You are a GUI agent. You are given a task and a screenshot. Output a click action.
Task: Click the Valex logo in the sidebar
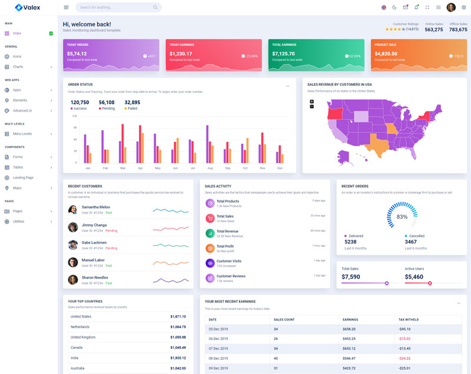[28, 7]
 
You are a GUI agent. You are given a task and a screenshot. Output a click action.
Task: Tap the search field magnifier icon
[155, 8]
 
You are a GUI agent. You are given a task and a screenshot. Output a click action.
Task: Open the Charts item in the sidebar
[18, 66]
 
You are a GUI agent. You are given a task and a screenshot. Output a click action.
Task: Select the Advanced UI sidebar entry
[22, 111]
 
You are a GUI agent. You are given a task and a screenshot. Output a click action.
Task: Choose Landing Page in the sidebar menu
[23, 178]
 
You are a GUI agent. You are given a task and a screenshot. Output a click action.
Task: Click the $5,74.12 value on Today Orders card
[77, 54]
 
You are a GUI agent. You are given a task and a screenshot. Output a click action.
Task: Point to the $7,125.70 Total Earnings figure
[284, 54]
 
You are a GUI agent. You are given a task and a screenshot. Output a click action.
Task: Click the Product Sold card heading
[386, 45]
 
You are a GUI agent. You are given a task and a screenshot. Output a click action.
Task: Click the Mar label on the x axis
[122, 168]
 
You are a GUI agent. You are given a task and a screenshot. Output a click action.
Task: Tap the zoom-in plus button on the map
[312, 102]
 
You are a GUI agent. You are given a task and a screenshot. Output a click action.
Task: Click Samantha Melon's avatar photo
[73, 209]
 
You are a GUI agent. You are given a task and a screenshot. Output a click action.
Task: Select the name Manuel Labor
[94, 260]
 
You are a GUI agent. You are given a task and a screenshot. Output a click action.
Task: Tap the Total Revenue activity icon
[210, 233]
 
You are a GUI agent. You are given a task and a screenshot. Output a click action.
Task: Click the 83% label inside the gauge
[402, 217]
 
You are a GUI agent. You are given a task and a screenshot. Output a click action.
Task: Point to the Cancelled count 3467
[411, 242]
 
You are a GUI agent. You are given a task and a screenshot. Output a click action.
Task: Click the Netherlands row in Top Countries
[80, 327]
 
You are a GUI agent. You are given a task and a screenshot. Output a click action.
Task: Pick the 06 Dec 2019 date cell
[218, 339]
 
